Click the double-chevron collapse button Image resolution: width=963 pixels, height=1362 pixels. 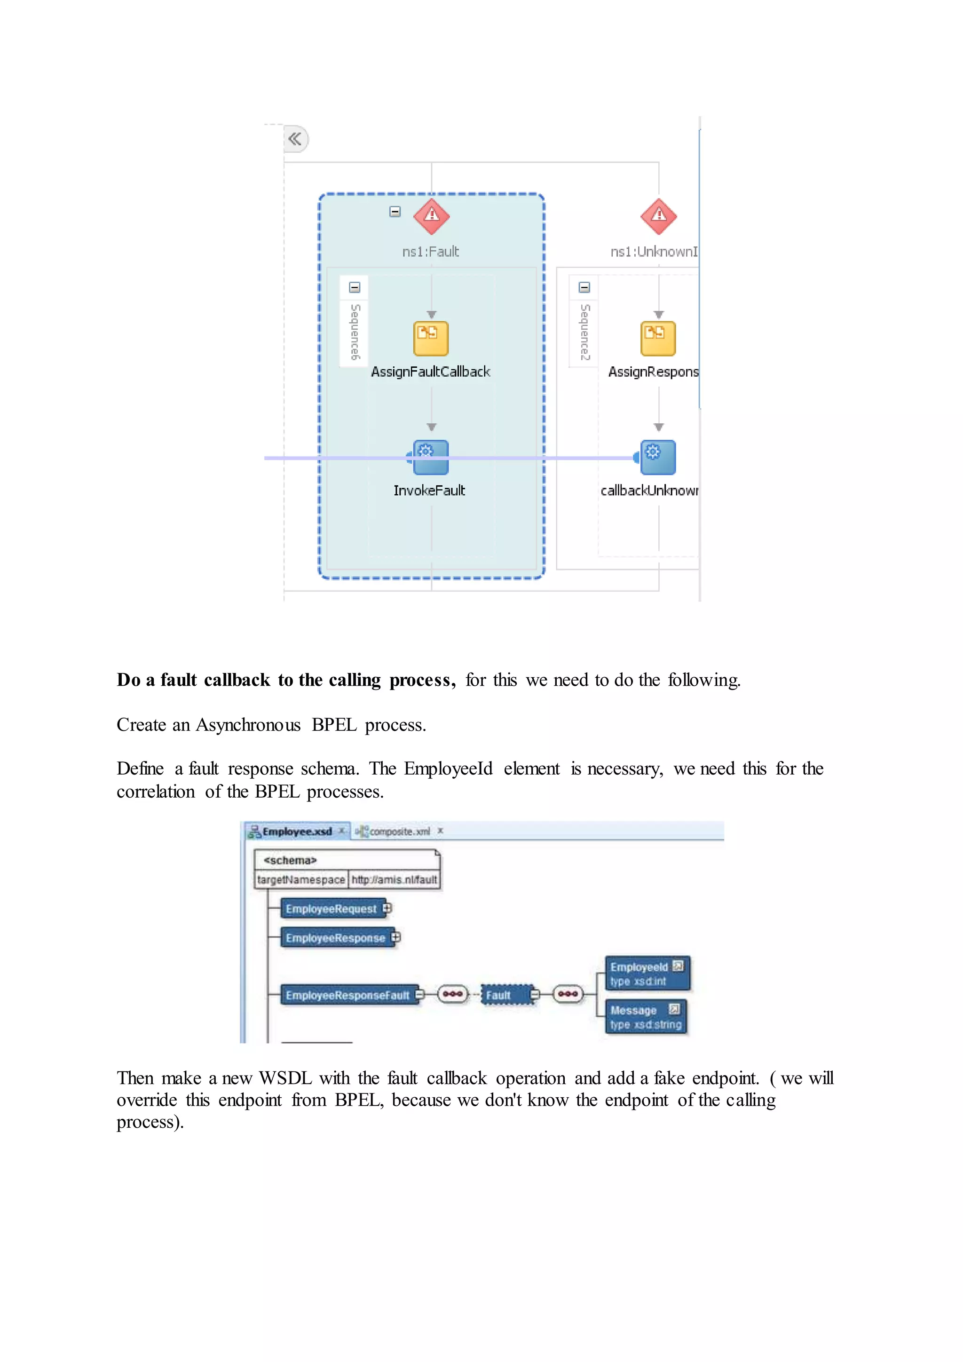[295, 139]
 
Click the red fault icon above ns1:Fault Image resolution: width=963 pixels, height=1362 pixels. [431, 216]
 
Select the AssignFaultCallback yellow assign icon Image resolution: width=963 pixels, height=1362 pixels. [431, 339]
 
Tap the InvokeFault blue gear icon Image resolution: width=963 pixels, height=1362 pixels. [431, 457]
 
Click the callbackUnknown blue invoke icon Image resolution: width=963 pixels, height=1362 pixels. [658, 457]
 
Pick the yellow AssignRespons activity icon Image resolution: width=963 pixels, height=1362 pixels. [658, 339]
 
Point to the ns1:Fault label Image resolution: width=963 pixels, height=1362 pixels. [431, 252]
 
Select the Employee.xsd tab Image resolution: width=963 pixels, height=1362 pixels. [297, 831]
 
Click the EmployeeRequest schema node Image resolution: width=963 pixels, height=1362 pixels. [331, 909]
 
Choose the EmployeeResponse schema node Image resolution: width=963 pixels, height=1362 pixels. [335, 938]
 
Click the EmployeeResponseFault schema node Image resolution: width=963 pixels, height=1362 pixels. [347, 995]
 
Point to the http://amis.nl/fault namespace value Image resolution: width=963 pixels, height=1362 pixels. [395, 880]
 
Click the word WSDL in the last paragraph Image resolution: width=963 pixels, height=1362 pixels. [285, 1078]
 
